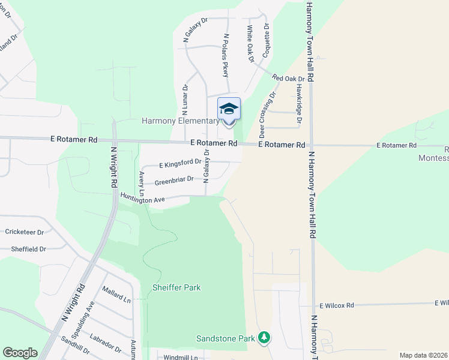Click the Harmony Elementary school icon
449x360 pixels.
point(229,109)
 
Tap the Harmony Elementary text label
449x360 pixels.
point(180,121)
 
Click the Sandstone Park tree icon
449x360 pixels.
point(264,338)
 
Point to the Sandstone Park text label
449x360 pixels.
point(226,338)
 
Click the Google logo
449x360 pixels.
point(20,353)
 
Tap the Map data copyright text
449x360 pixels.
point(423,355)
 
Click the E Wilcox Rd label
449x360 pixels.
point(337,305)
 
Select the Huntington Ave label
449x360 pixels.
point(142,198)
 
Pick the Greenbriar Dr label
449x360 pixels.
point(174,179)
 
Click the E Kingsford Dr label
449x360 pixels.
point(180,163)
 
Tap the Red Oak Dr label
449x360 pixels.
point(294,78)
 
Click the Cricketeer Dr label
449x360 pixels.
point(25,232)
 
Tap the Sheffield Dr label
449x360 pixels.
point(28,248)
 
